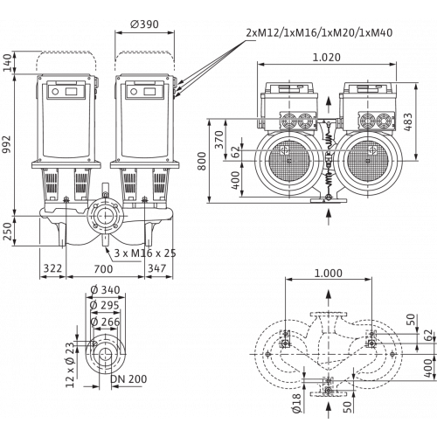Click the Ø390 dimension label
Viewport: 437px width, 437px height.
[144, 24]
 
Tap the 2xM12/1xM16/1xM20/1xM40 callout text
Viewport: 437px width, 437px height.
[319, 32]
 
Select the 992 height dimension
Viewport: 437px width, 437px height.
[6, 144]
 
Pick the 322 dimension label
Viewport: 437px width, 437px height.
[52, 268]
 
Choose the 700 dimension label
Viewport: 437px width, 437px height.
[103, 268]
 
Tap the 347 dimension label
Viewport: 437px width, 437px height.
[157, 268]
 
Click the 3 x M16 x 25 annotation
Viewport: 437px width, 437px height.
[145, 253]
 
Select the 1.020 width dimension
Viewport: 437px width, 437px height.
[326, 58]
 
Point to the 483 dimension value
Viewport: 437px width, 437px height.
[408, 121]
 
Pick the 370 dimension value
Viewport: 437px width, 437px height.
[219, 140]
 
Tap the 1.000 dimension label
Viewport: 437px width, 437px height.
[329, 274]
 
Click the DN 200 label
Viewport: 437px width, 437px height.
[128, 379]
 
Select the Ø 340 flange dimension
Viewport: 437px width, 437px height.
[105, 290]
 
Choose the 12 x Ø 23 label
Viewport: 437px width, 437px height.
[70, 364]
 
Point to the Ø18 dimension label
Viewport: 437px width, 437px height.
[296, 403]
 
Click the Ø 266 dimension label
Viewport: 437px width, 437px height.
[105, 322]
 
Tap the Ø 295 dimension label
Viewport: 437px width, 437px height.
[105, 305]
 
